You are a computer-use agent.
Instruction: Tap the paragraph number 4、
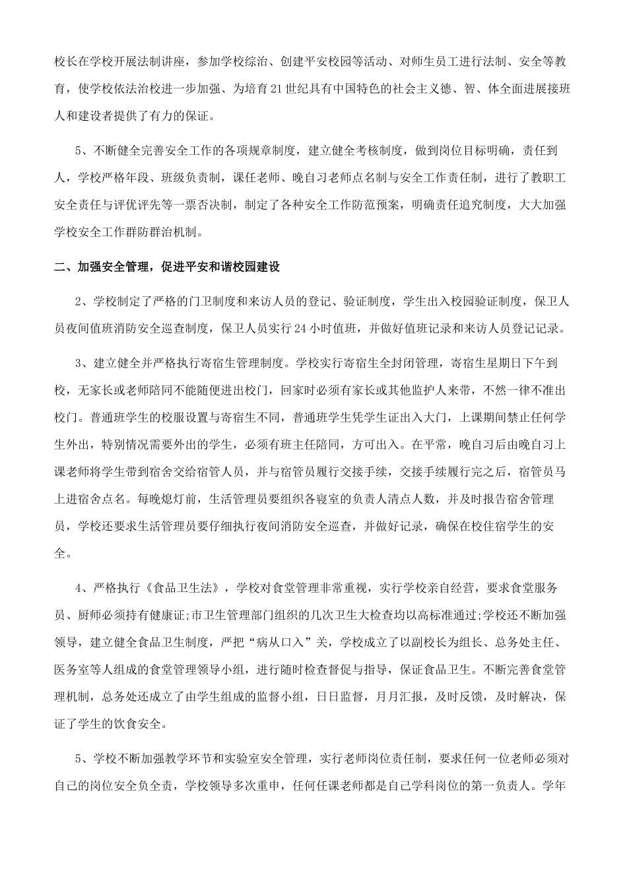[x=81, y=588]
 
